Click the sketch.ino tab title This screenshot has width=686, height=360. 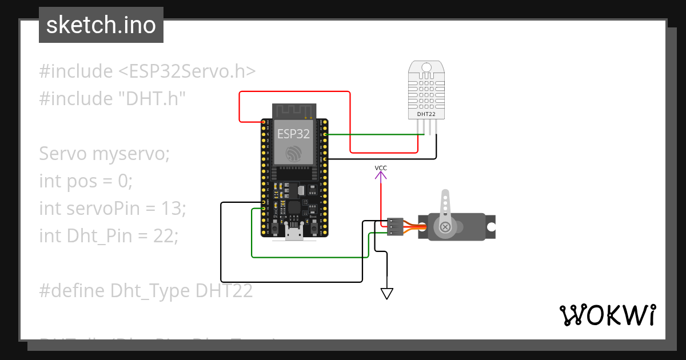(101, 25)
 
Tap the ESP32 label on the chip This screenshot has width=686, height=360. (293, 134)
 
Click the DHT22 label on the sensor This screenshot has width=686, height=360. (426, 114)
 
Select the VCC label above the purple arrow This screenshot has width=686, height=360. (381, 167)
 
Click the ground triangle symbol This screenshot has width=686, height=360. (387, 294)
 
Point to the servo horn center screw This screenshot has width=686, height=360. (445, 227)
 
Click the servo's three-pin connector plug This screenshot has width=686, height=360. (394, 226)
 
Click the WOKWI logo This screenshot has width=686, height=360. (607, 315)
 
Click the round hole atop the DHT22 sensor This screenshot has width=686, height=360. (426, 67)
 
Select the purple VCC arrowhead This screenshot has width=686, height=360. (381, 175)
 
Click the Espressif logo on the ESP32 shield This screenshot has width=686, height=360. (294, 153)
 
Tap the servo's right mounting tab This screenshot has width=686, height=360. (490, 226)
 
